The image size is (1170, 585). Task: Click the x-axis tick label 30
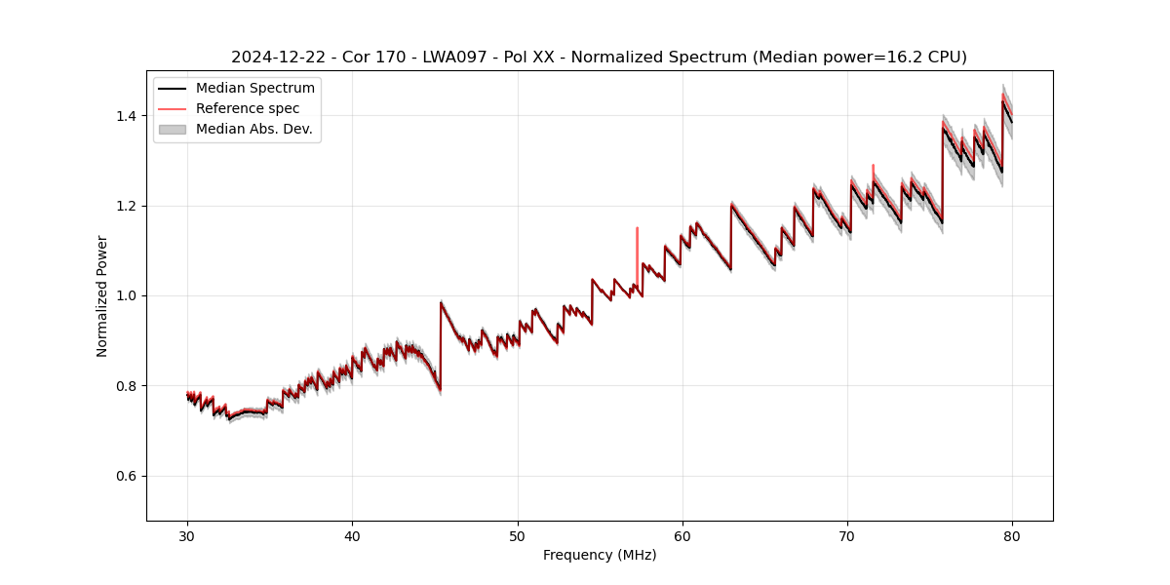click(x=187, y=535)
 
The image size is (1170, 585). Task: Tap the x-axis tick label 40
click(x=352, y=535)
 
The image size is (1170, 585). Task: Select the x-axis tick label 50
click(x=518, y=535)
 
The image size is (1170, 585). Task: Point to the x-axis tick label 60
click(x=682, y=535)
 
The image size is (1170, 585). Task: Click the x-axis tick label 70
click(x=847, y=535)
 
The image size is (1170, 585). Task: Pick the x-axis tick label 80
click(x=1012, y=535)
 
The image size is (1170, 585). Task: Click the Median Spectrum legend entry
click(x=254, y=89)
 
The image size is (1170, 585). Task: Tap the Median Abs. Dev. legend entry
click(x=253, y=129)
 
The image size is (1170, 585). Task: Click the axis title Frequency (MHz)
click(x=600, y=555)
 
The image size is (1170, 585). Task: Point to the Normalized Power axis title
click(x=102, y=295)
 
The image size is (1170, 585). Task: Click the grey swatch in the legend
click(x=173, y=129)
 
